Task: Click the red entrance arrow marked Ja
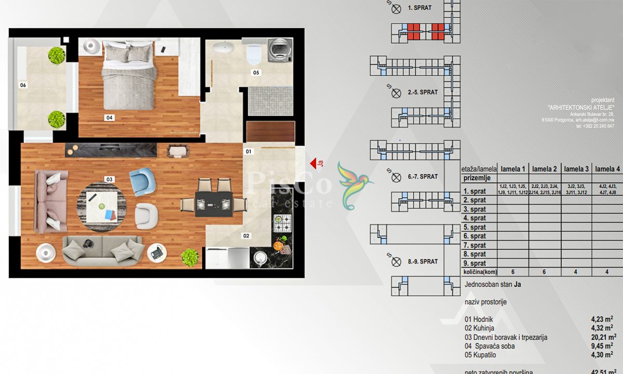point(314,164)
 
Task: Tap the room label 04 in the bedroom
point(110,118)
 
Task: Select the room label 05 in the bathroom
point(256,73)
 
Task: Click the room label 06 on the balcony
point(23,85)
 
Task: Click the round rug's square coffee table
point(100,205)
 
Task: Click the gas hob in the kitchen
point(282,223)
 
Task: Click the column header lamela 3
point(576,169)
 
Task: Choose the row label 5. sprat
point(475,227)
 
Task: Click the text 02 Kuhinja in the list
point(480,328)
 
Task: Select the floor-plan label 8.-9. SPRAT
point(423,261)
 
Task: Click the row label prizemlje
point(477,178)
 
